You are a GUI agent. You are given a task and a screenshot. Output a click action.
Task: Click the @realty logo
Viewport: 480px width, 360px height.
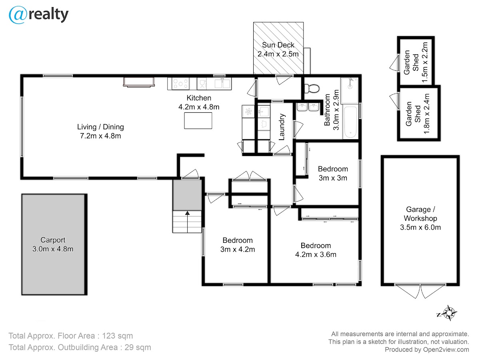pyautogui.click(x=39, y=15)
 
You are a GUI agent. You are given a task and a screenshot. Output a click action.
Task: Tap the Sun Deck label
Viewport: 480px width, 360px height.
pyautogui.click(x=278, y=45)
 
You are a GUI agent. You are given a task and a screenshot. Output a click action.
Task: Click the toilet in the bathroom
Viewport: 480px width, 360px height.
pyautogui.click(x=312, y=88)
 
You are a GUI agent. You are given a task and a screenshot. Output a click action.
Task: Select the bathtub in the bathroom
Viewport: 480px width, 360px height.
pyautogui.click(x=350, y=121)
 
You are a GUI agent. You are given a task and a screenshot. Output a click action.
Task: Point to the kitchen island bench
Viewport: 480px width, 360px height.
pyautogui.click(x=198, y=121)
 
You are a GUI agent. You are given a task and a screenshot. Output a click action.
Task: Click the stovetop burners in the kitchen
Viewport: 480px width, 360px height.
pyautogui.click(x=181, y=84)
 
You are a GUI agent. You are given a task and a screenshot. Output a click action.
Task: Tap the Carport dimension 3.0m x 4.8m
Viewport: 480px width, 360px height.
pyautogui.click(x=53, y=249)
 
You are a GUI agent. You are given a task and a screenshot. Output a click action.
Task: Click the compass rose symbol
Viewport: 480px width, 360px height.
pyautogui.click(x=449, y=313)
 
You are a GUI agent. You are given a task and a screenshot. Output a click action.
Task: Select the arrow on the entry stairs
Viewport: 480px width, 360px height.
pyautogui.click(x=188, y=222)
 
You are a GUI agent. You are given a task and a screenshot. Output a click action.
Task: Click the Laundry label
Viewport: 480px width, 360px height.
pyautogui.click(x=282, y=127)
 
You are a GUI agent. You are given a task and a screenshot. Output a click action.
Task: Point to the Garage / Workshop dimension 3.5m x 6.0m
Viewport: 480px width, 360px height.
pyautogui.click(x=420, y=227)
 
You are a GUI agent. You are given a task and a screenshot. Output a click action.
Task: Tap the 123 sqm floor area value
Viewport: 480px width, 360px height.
pyautogui.click(x=118, y=336)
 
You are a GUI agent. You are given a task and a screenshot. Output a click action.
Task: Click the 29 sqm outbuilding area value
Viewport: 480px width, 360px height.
pyautogui.click(x=138, y=347)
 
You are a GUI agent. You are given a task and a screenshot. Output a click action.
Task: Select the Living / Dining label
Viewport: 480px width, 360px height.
pyautogui.click(x=100, y=127)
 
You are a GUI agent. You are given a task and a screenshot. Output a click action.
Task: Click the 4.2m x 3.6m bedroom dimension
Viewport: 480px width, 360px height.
pyautogui.click(x=316, y=254)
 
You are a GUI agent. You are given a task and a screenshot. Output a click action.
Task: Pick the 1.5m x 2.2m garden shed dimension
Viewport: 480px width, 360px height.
pyautogui.click(x=424, y=62)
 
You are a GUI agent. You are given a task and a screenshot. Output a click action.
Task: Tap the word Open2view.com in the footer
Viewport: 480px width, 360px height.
pyautogui.click(x=446, y=350)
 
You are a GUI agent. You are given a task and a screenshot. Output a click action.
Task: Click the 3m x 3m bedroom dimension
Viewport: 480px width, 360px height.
pyautogui.click(x=333, y=178)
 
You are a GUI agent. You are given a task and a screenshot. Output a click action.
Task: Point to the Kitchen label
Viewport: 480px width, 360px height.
pyautogui.click(x=199, y=98)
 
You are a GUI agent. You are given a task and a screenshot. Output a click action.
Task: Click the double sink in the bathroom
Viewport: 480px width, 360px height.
pyautogui.click(x=308, y=107)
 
